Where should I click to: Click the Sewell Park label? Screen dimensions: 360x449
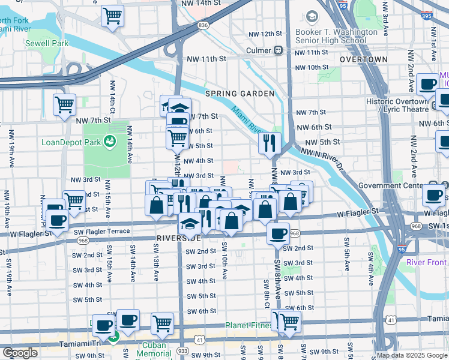47,43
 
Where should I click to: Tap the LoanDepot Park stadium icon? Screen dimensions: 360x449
110,142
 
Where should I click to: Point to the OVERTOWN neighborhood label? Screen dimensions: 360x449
363,60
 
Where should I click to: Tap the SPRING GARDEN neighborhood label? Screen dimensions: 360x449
240,94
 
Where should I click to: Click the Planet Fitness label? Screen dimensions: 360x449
249,326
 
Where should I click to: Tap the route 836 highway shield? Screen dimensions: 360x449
202,25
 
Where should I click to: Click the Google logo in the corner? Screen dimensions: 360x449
20,353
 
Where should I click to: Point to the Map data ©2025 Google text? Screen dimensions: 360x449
408,355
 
